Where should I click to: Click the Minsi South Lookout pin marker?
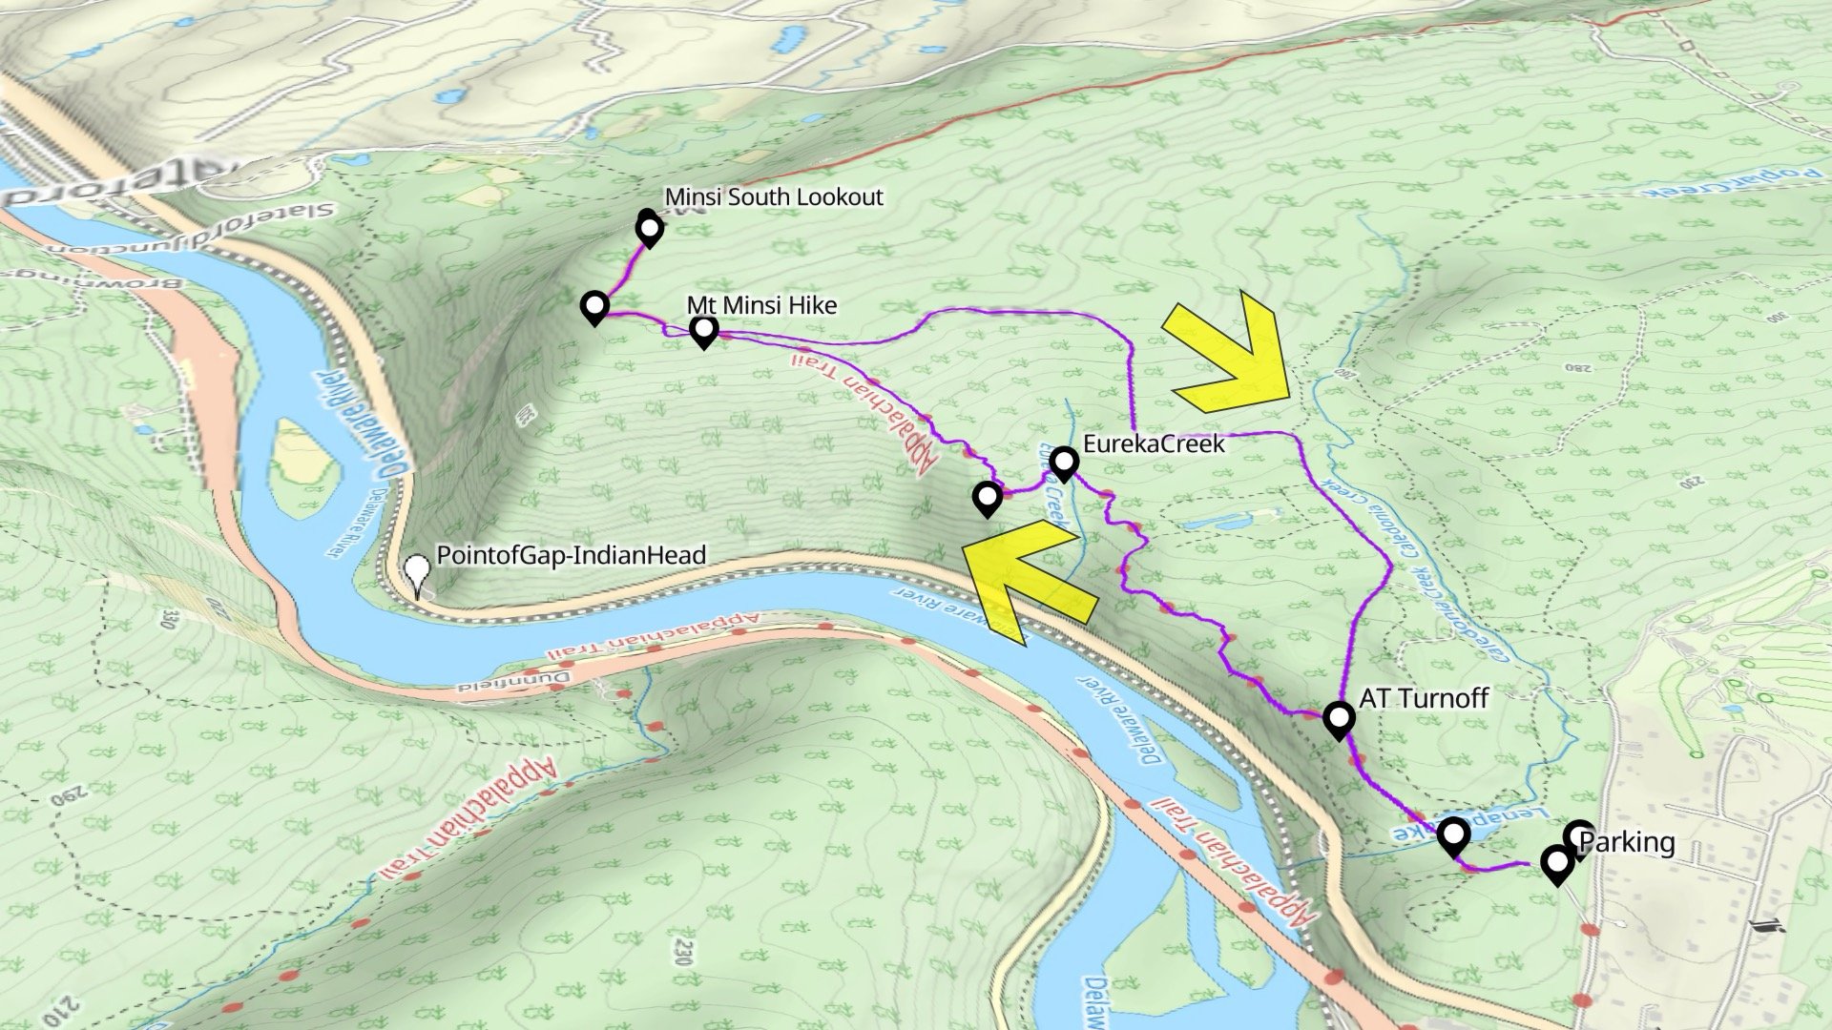[x=649, y=230]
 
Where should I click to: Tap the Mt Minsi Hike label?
[x=761, y=305]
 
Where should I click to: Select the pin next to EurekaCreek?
[x=1064, y=463]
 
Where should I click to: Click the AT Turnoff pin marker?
[x=1339, y=718]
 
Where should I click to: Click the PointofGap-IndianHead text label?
[x=571, y=555]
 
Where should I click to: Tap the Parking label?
[x=1627, y=842]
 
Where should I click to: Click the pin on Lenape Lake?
[x=1452, y=836]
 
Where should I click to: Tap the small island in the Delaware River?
[x=303, y=467]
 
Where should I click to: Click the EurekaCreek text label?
[x=1153, y=443]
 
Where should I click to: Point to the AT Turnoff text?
[x=1423, y=698]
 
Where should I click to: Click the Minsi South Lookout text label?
[x=774, y=197]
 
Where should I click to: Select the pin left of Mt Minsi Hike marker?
[x=594, y=307]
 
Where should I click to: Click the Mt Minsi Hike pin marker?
[x=704, y=331]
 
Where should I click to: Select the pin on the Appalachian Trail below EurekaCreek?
[x=988, y=498]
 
